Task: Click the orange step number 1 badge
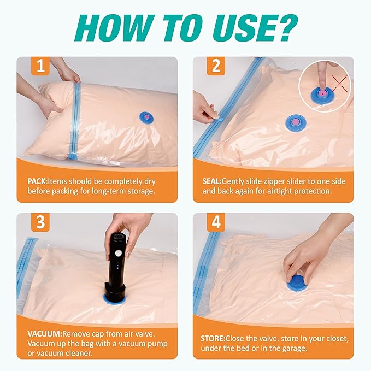click(40, 66)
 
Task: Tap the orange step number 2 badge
click(216, 66)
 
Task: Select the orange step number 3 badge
click(40, 222)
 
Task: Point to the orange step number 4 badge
click(216, 222)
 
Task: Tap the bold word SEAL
click(211, 181)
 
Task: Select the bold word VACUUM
click(44, 334)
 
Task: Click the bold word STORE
click(213, 339)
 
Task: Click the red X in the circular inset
click(339, 84)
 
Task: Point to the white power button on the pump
click(117, 254)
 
